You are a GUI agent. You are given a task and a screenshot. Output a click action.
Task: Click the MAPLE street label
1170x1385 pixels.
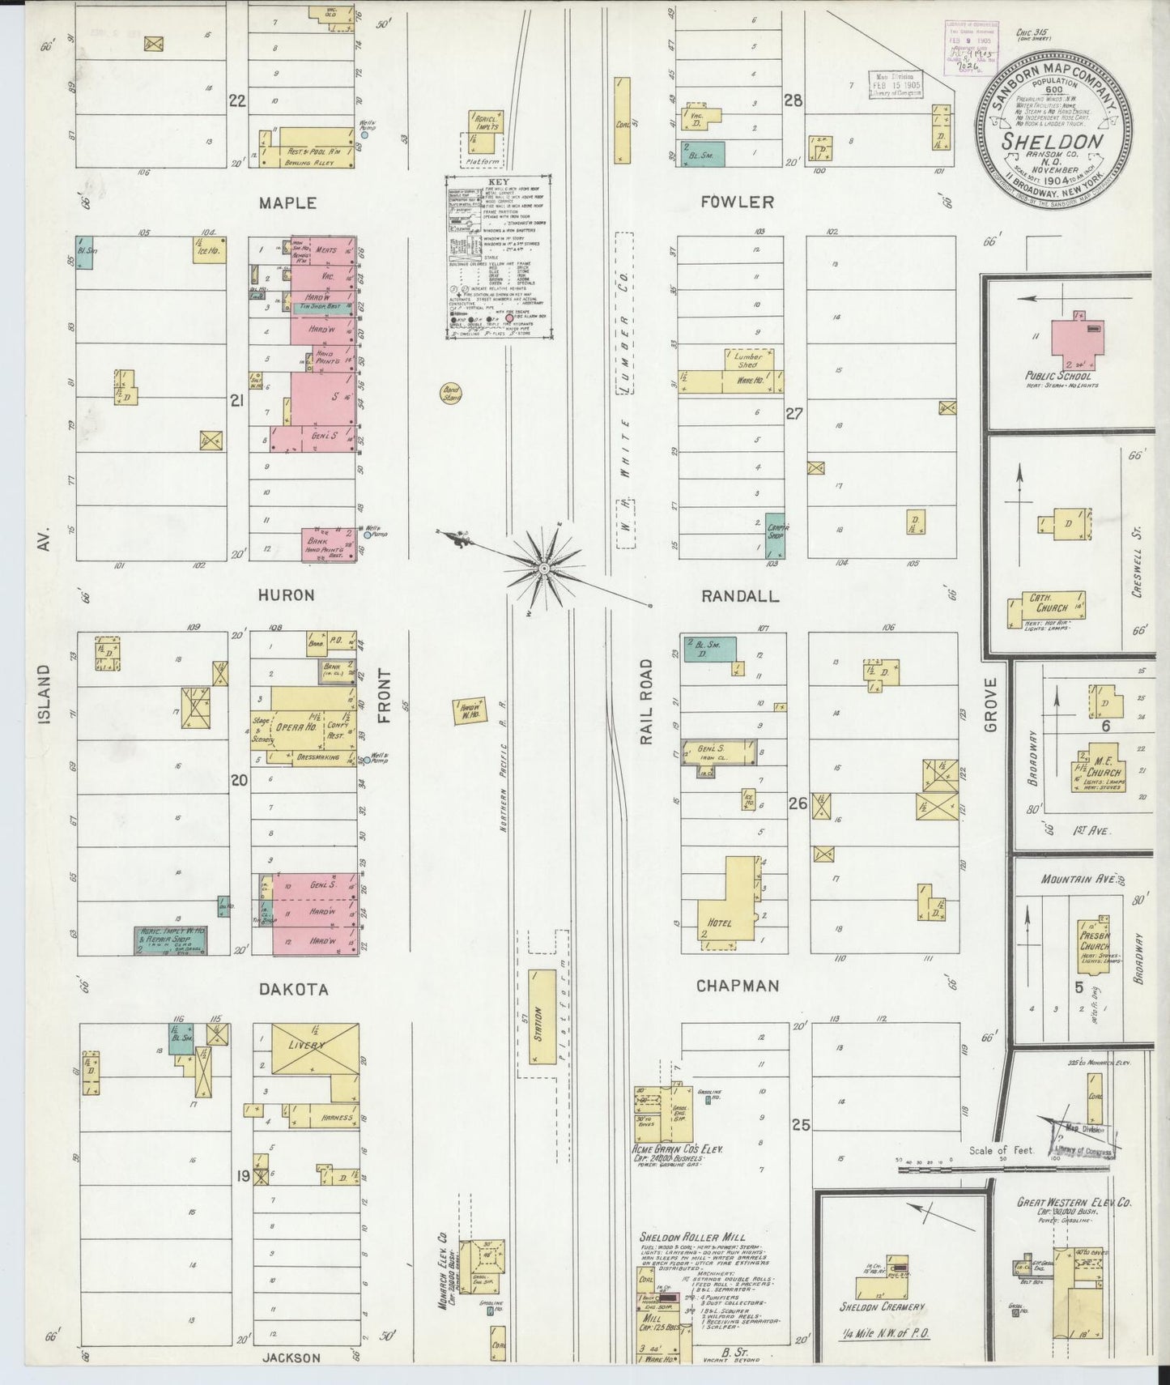287,202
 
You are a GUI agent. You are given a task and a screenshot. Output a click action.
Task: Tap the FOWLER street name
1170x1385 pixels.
738,202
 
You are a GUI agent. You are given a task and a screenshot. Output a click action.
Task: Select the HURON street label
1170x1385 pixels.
287,594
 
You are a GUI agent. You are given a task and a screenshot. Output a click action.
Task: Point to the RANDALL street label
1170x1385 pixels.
740,596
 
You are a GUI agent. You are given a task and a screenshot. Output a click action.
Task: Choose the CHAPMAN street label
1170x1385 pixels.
738,986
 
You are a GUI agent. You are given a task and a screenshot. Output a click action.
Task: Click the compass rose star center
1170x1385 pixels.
544,569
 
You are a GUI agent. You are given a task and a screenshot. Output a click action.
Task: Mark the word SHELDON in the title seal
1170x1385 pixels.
1053,140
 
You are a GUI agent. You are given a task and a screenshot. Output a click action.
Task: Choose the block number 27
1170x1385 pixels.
794,413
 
